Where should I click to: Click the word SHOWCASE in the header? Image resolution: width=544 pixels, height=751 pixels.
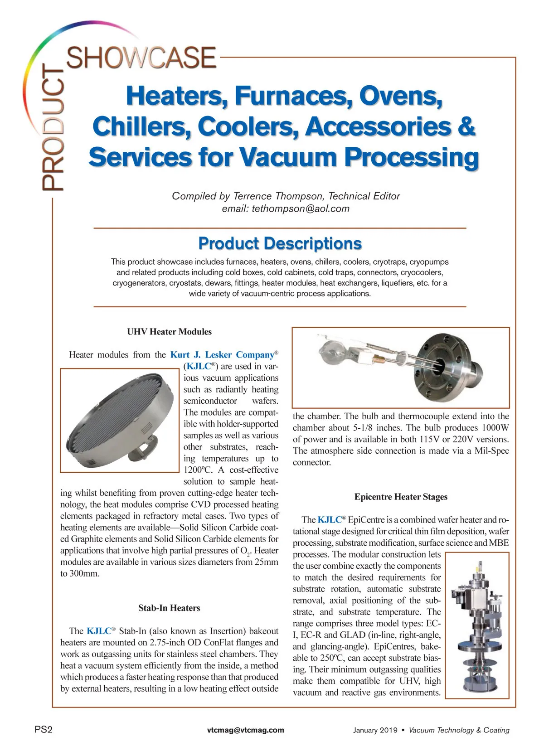pos(141,58)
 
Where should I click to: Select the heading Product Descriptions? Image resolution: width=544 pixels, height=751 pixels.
pos(280,243)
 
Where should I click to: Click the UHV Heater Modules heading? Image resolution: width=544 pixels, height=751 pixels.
pos(169,332)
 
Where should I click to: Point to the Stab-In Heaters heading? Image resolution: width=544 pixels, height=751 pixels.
pos(169,608)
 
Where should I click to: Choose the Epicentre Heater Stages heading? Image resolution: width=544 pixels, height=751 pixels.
pos(401,497)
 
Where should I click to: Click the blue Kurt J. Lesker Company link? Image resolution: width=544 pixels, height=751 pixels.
pos(223,355)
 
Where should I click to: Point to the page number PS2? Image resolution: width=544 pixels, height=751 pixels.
pos(44,730)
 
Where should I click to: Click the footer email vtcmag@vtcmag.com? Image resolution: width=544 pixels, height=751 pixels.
pos(245,730)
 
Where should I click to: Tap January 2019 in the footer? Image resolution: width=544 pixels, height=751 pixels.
pos(375,730)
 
